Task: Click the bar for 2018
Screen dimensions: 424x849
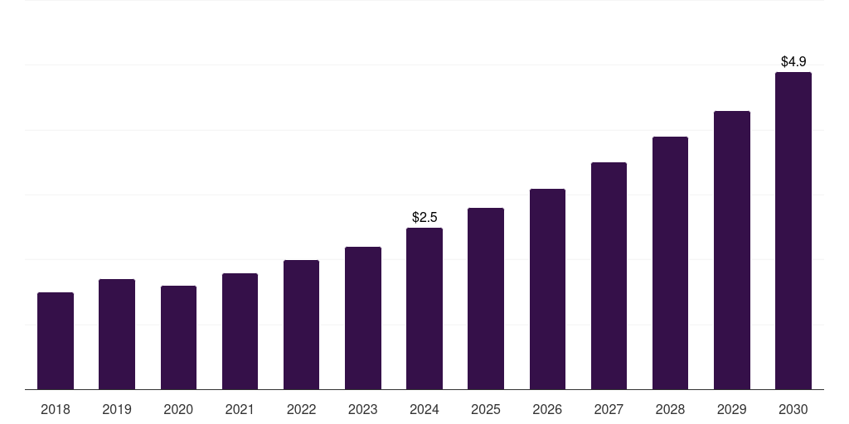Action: (x=56, y=340)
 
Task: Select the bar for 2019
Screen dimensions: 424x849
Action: (x=117, y=334)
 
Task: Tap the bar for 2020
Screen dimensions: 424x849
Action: (x=178, y=337)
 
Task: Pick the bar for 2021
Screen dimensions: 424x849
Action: (x=240, y=331)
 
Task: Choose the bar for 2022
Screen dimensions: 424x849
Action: (x=301, y=325)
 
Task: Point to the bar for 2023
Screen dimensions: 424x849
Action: (x=363, y=318)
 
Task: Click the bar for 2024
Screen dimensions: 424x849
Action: (x=424, y=308)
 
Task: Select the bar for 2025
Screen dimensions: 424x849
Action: (x=486, y=298)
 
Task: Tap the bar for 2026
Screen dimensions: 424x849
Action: (x=547, y=289)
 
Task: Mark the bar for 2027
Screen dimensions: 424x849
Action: (x=609, y=276)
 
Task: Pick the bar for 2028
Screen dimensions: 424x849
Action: (x=670, y=263)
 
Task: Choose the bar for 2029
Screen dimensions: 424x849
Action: (x=732, y=250)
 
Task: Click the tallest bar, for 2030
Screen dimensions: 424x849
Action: (x=793, y=230)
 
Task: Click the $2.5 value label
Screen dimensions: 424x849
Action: (x=424, y=218)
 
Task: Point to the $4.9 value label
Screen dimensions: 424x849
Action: (x=793, y=62)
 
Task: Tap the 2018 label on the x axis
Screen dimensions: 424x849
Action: (x=56, y=409)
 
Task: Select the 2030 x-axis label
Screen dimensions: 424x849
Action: (x=793, y=409)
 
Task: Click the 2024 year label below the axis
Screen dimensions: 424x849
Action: (x=424, y=409)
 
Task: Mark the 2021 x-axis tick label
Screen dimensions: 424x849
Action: (x=240, y=409)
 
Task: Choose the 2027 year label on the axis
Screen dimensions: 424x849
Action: (x=609, y=409)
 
